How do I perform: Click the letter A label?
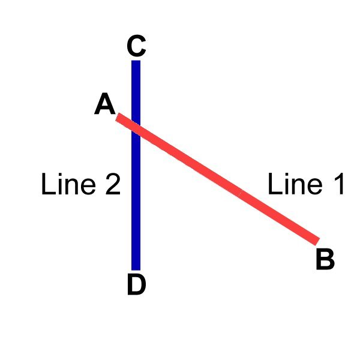(104, 104)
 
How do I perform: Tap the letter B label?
(325, 259)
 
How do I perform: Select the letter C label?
(136, 46)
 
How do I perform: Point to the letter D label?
(136, 284)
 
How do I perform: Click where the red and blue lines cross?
(136, 128)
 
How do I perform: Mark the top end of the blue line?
(136, 61)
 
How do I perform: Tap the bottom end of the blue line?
(136, 270)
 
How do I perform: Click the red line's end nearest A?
(118, 117)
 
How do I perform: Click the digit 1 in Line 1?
(339, 184)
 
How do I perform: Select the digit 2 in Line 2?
(113, 184)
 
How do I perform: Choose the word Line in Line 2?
(68, 184)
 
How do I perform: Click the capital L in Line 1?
(275, 184)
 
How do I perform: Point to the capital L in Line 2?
(49, 184)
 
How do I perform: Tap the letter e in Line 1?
(315, 187)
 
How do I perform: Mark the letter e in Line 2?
(88, 187)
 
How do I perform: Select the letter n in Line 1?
(298, 187)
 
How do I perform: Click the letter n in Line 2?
(71, 187)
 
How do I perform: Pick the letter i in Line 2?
(61, 184)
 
